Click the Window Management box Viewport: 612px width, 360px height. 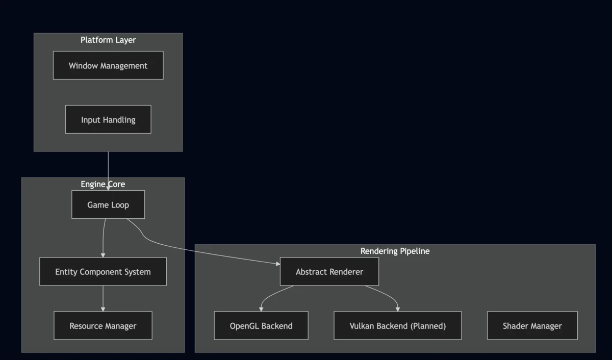pos(108,65)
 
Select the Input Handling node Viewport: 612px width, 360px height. pos(108,119)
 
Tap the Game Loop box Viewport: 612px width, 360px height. pos(108,204)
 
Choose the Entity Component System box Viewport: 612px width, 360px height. pos(103,271)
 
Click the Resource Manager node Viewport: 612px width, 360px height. pos(103,325)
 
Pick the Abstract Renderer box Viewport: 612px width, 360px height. pos(329,271)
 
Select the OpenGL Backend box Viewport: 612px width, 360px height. pos(261,325)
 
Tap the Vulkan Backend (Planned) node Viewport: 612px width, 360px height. pos(398,325)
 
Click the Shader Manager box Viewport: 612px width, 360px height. pos(532,325)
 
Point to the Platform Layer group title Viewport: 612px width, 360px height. pos(108,40)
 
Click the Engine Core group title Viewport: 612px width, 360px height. pos(103,184)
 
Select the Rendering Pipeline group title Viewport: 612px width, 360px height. pos(395,251)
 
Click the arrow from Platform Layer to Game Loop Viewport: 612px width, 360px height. pos(108,168)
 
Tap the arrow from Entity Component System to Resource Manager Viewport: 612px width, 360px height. pos(103,298)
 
